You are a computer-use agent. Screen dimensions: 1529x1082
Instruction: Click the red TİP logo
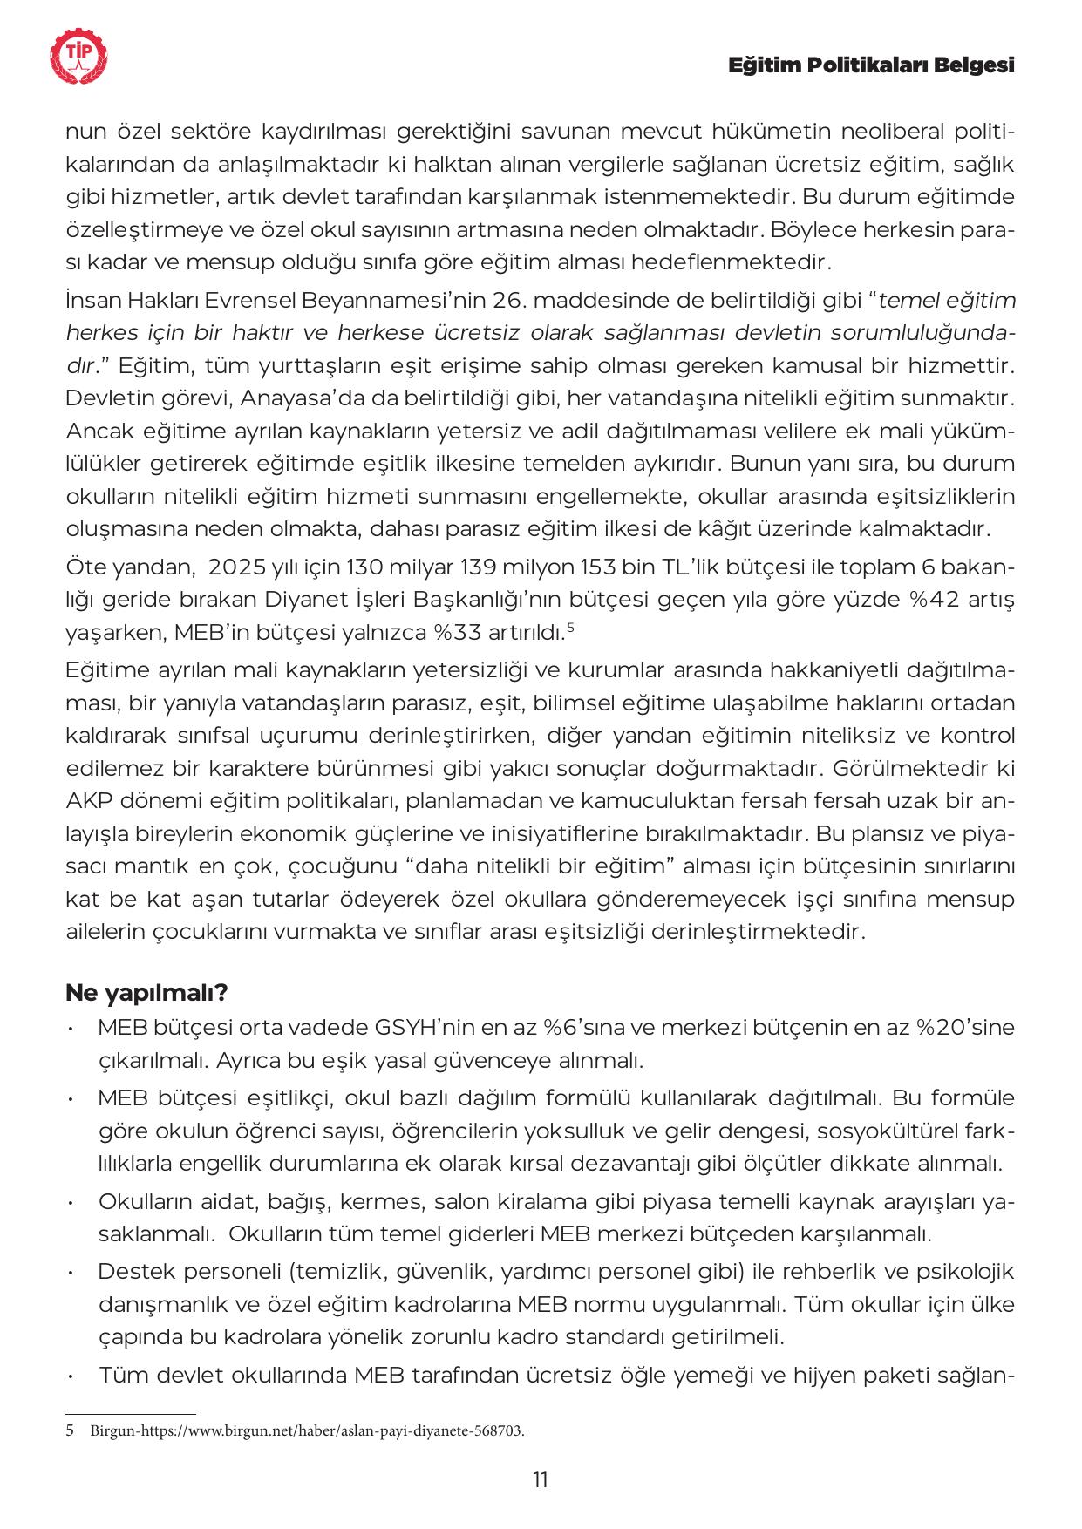click(x=79, y=58)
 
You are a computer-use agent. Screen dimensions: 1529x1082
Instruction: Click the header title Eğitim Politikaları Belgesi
click(x=871, y=66)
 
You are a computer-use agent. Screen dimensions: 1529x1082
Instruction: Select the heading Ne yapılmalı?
click(x=146, y=993)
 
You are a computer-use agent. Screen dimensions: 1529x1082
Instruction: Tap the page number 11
click(x=540, y=1479)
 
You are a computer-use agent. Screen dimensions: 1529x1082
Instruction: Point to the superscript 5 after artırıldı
click(x=570, y=627)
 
